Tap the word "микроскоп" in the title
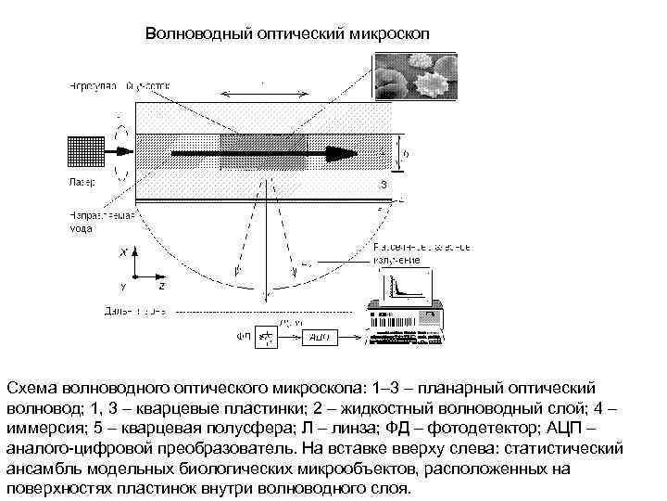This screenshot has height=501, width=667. click(x=390, y=34)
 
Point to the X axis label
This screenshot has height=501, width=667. click(x=124, y=251)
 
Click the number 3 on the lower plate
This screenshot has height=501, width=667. click(x=383, y=185)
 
